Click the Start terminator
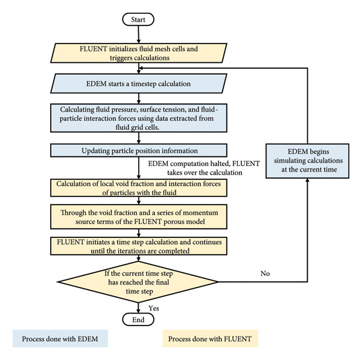coord(138,19)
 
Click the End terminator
coord(138,320)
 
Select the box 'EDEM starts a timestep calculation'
coord(139,83)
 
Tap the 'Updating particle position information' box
coord(139,150)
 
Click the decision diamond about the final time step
coord(138,282)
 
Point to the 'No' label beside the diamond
coord(265,274)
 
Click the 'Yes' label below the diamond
coord(154,308)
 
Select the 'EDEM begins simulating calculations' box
coord(308,161)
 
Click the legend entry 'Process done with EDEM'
coord(60,339)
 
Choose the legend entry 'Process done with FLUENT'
coord(210,339)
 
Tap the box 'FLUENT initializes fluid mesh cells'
coord(139,53)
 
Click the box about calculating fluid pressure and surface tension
coord(139,118)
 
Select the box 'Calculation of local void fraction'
coord(139,188)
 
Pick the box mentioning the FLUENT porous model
coord(139,217)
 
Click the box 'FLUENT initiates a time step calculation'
coord(139,246)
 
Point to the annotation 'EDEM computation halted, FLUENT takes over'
coord(204,168)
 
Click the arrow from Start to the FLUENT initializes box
coord(139,34)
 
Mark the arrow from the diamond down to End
coord(138,308)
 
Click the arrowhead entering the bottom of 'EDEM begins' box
coord(308,180)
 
